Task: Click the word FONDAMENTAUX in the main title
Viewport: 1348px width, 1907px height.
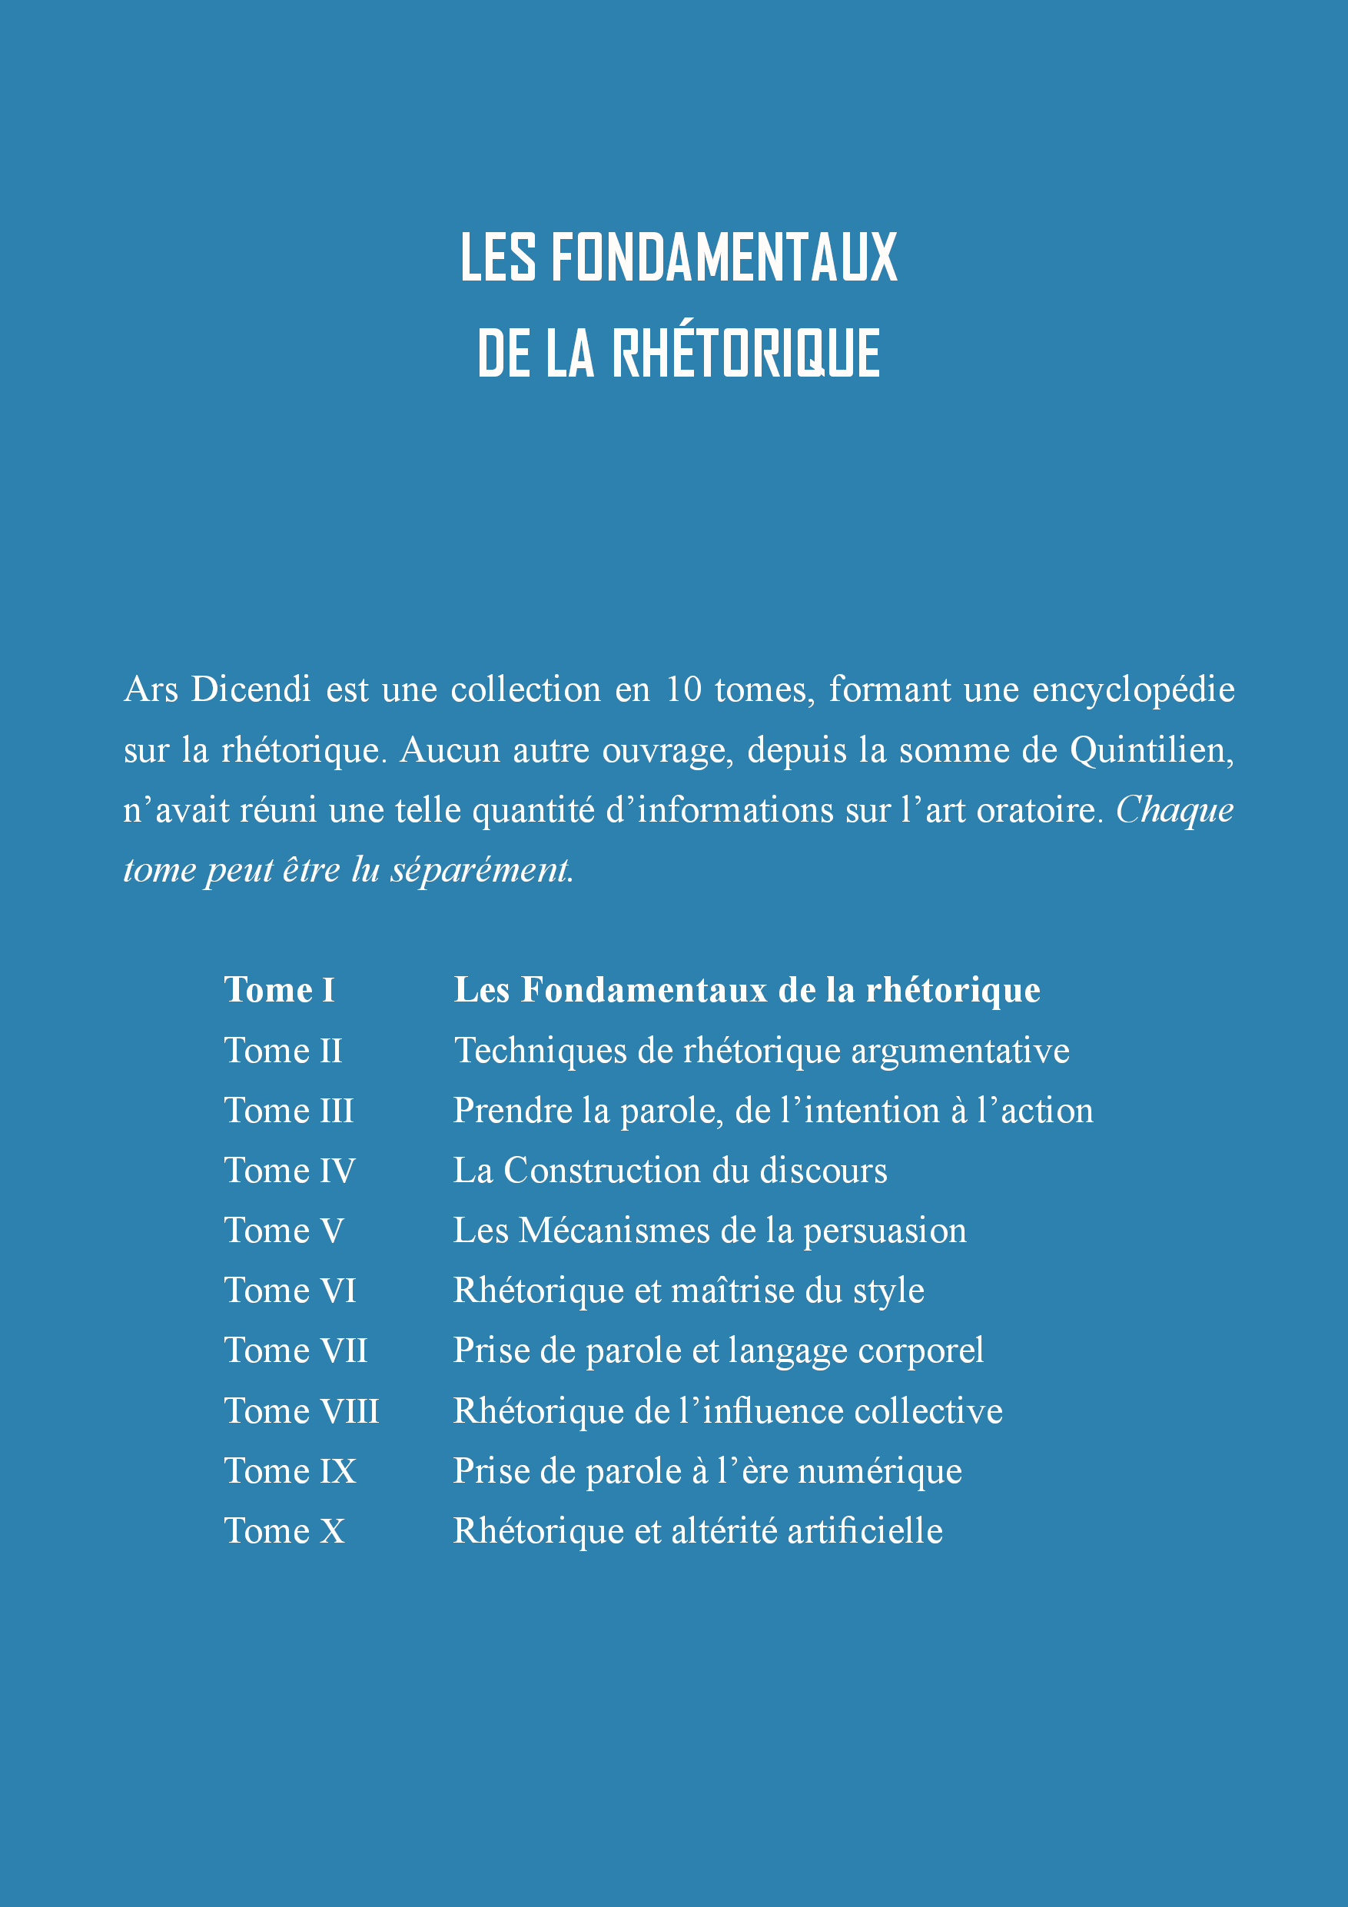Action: pyautogui.click(x=723, y=257)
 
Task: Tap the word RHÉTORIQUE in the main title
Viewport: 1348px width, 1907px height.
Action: pyautogui.click(x=745, y=353)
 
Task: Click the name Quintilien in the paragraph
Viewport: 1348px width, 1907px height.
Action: pyautogui.click(x=1151, y=750)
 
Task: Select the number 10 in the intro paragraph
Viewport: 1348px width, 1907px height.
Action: pyautogui.click(x=682, y=689)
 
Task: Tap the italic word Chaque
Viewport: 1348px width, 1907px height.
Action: pyautogui.click(x=1174, y=811)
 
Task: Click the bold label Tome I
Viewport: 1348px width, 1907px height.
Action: pyautogui.click(x=279, y=990)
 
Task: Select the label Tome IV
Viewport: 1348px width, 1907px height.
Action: pyautogui.click(x=289, y=1171)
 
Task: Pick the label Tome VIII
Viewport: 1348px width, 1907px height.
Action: pyautogui.click(x=300, y=1410)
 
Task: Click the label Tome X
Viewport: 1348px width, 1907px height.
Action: pyautogui.click(x=284, y=1530)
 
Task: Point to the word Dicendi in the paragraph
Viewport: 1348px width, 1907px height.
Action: pyautogui.click(x=250, y=689)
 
